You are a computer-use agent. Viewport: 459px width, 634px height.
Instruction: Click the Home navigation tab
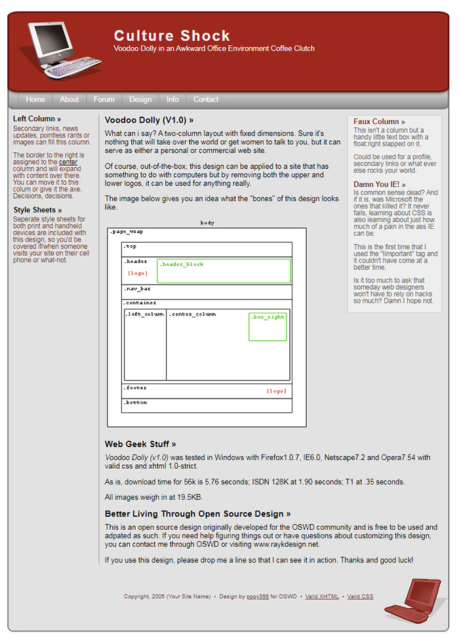tap(35, 100)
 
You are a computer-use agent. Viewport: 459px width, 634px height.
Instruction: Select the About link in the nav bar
tap(69, 100)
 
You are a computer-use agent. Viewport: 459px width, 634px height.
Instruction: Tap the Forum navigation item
tap(104, 100)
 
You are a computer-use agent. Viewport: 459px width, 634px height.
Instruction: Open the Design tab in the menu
tap(140, 100)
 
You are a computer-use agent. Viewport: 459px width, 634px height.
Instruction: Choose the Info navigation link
tap(172, 100)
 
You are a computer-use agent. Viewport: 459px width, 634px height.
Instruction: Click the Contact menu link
tap(206, 100)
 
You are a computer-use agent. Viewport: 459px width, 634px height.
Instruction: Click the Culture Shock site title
tap(172, 36)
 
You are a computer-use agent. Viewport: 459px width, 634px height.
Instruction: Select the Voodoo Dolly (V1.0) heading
tap(149, 121)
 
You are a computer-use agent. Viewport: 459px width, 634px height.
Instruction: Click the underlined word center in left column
tap(68, 162)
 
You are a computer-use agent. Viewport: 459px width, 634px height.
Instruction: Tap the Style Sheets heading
tap(37, 210)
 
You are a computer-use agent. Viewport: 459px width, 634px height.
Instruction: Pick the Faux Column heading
tap(379, 122)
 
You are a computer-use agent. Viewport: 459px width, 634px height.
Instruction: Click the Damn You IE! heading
tap(379, 185)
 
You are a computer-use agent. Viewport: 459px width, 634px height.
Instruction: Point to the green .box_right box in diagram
tap(268, 327)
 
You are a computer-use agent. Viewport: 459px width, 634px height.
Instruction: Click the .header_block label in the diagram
tap(181, 264)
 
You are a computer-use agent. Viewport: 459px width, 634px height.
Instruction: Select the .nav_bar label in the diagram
tap(137, 288)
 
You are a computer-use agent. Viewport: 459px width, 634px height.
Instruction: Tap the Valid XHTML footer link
tap(322, 597)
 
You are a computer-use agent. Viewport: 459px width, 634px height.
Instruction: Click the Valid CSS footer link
tap(360, 597)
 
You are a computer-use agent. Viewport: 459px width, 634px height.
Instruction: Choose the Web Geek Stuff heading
tap(140, 445)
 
